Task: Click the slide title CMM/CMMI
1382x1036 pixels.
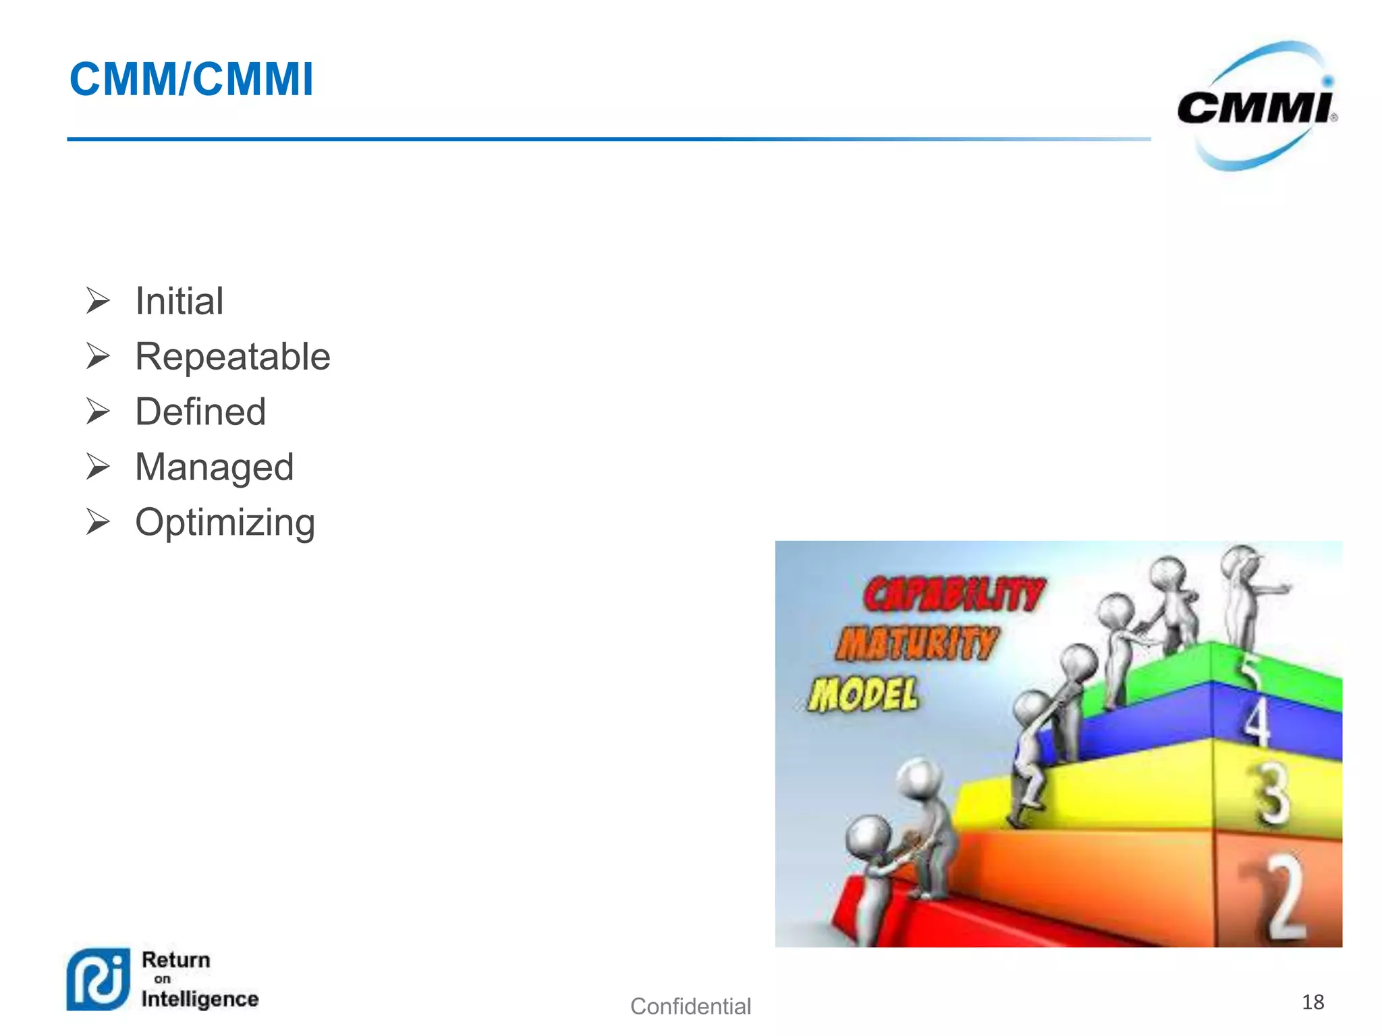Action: pyautogui.click(x=191, y=80)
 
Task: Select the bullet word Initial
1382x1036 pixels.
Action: pyautogui.click(x=179, y=301)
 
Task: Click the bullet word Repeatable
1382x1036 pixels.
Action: pyautogui.click(x=232, y=356)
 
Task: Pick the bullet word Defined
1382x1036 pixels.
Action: pyautogui.click(x=200, y=411)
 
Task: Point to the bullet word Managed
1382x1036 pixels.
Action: pyautogui.click(x=214, y=467)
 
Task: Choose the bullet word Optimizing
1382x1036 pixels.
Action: pyautogui.click(x=225, y=523)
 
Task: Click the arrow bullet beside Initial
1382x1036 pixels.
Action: pyautogui.click(x=98, y=301)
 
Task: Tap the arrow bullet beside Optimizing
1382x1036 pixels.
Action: pyautogui.click(x=98, y=522)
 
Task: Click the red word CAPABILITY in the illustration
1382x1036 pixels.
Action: pyautogui.click(x=953, y=594)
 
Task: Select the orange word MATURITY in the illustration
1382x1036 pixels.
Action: pyautogui.click(x=916, y=643)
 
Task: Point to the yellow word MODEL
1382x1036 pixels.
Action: pyautogui.click(x=864, y=694)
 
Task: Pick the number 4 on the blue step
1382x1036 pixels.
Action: pyautogui.click(x=1257, y=722)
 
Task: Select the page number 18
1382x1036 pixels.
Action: pyautogui.click(x=1312, y=1002)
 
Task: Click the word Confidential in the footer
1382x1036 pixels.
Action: pyautogui.click(x=690, y=1006)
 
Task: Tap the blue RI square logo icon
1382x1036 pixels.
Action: pyautogui.click(x=99, y=979)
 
